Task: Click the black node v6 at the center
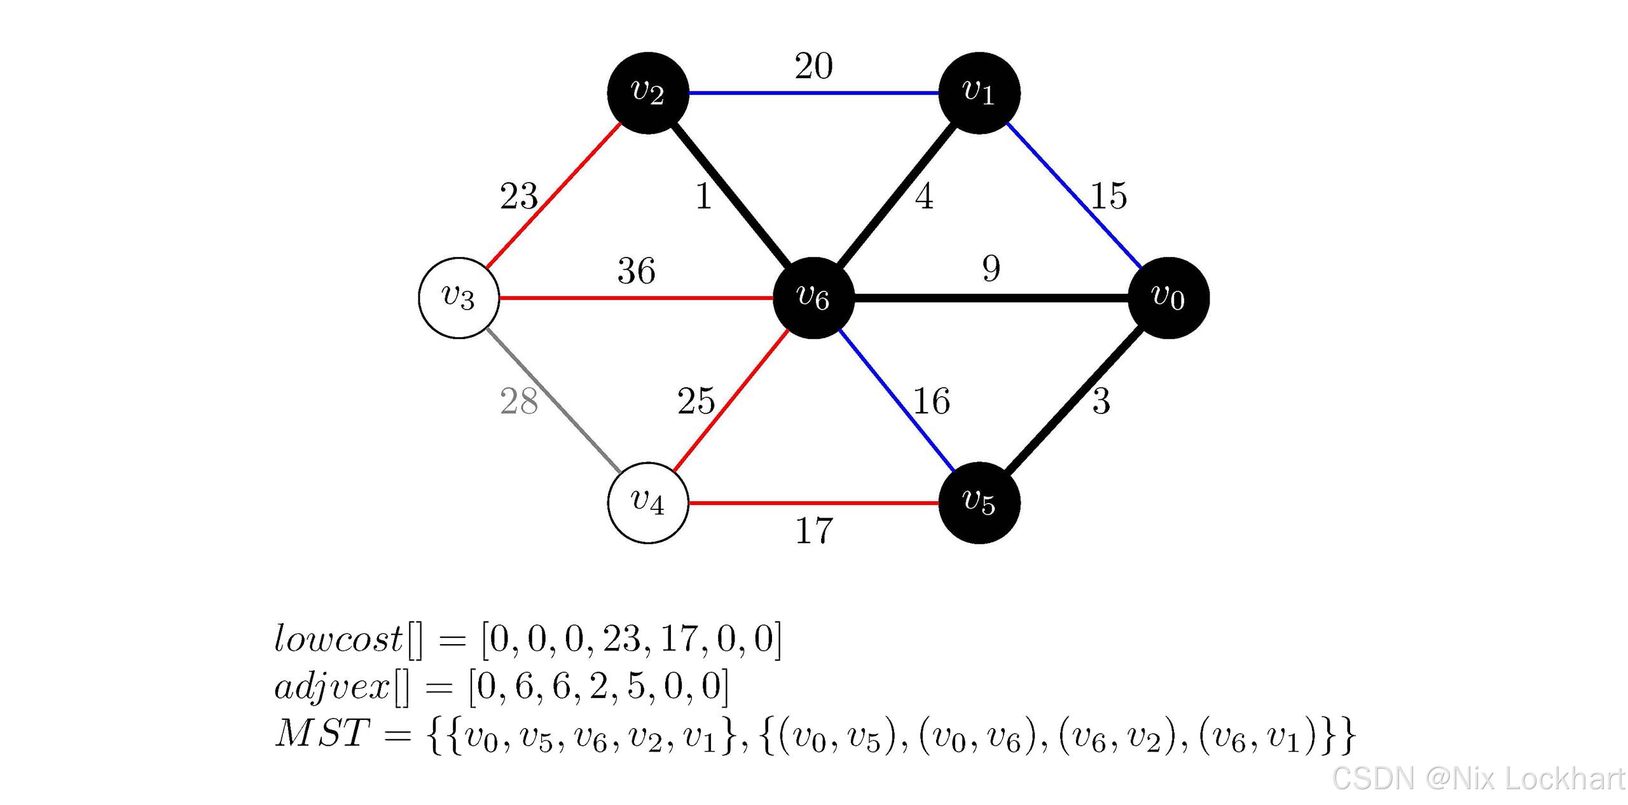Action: [x=813, y=298]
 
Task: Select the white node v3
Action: [x=459, y=298]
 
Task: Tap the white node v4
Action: [x=648, y=502]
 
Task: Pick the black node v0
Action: [x=1168, y=298]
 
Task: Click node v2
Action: [x=648, y=93]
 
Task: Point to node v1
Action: [x=979, y=93]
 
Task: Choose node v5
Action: [x=979, y=502]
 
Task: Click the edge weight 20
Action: [x=813, y=66]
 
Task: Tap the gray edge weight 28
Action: [x=519, y=401]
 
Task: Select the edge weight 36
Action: [x=636, y=271]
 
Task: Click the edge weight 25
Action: [x=696, y=401]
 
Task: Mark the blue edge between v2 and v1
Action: [x=814, y=93]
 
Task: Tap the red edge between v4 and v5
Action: [x=814, y=503]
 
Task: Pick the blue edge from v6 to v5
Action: [x=897, y=401]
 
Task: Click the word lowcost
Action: [x=338, y=638]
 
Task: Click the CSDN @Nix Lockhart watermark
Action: [x=1478, y=778]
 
